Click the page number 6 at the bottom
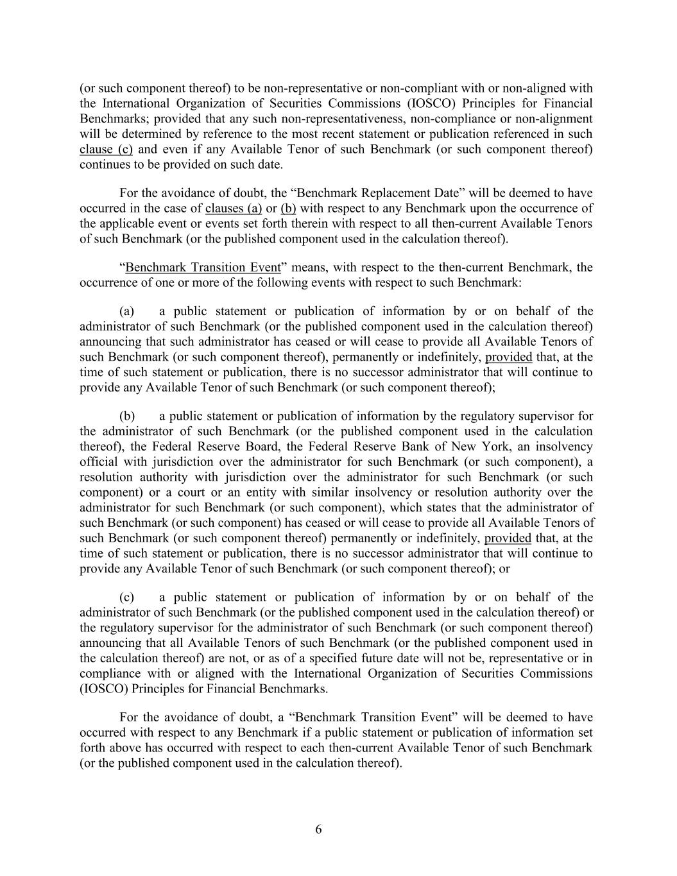coord(318,829)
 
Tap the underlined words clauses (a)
coord(234,208)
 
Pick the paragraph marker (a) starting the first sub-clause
coord(126,311)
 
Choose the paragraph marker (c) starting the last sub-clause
coord(126,597)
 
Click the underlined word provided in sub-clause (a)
coord(508,357)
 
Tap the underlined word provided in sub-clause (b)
coord(508,538)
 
